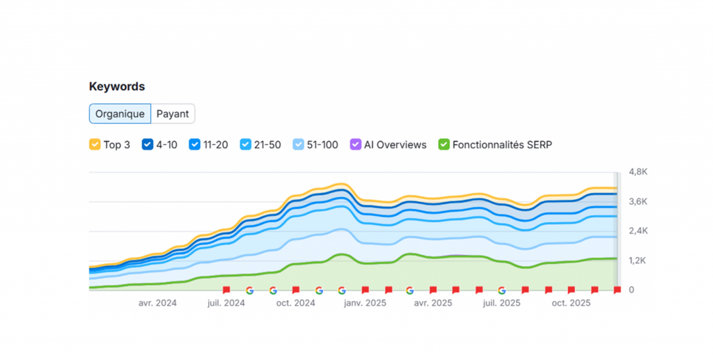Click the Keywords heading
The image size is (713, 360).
tap(117, 86)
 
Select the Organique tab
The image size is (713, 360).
tap(120, 114)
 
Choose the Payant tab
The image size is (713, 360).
tap(172, 114)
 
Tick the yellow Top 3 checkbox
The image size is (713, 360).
tap(95, 145)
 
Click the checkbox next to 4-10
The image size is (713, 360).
tap(148, 145)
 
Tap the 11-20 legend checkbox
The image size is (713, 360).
tap(194, 145)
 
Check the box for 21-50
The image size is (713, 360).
tap(246, 145)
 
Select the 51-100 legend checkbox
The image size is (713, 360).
tap(299, 145)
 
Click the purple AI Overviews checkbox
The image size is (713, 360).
tap(356, 145)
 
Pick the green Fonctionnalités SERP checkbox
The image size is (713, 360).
tap(444, 145)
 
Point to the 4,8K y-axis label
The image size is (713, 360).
tap(638, 171)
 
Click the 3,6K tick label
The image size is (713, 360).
tap(638, 201)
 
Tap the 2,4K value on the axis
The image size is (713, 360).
tap(638, 230)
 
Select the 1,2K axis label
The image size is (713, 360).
tap(638, 260)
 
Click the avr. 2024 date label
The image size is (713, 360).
tap(157, 303)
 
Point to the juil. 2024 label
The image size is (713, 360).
tap(226, 303)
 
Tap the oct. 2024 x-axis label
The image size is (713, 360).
tap(296, 303)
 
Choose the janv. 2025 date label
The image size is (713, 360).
tap(366, 303)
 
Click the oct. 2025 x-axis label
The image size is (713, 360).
tap(571, 303)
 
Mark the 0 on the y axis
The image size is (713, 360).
tap(632, 290)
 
